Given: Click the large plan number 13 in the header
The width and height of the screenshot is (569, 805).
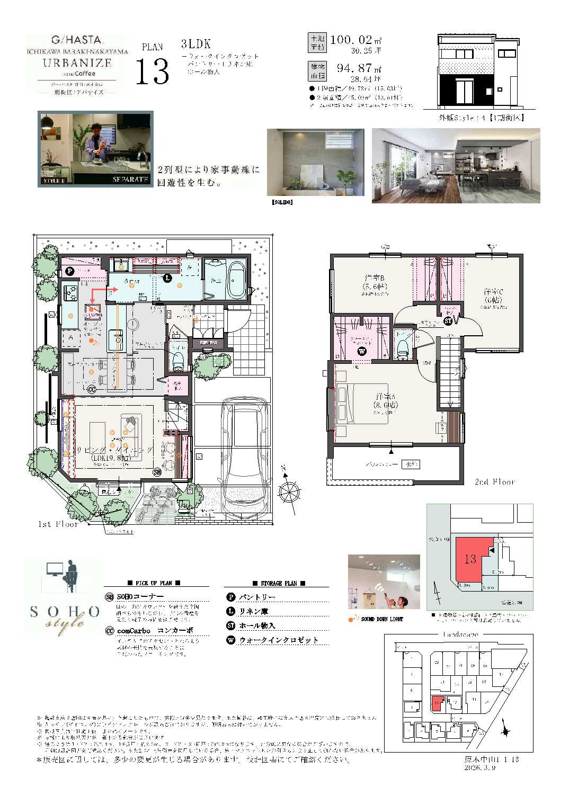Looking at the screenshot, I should click(152, 71).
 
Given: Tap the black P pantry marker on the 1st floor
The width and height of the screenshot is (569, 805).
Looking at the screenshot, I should click(69, 271).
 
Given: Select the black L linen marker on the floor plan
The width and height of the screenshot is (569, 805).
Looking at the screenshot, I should click(167, 278).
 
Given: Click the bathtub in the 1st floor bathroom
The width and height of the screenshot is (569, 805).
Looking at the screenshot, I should click(236, 279).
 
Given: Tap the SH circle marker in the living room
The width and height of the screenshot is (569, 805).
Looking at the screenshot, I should click(157, 472).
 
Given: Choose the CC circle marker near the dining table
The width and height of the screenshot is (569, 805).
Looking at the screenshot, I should click(92, 389).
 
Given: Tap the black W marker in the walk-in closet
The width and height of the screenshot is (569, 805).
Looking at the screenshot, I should click(362, 351).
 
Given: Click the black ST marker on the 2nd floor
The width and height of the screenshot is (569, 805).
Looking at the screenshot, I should click(448, 321).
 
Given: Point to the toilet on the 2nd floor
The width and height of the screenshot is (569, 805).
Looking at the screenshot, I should click(403, 346).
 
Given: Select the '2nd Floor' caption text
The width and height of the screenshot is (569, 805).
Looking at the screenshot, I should click(494, 482).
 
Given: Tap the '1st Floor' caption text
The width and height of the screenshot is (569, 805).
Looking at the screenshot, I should click(58, 524).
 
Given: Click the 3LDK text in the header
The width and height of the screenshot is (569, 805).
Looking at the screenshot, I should click(195, 44).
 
